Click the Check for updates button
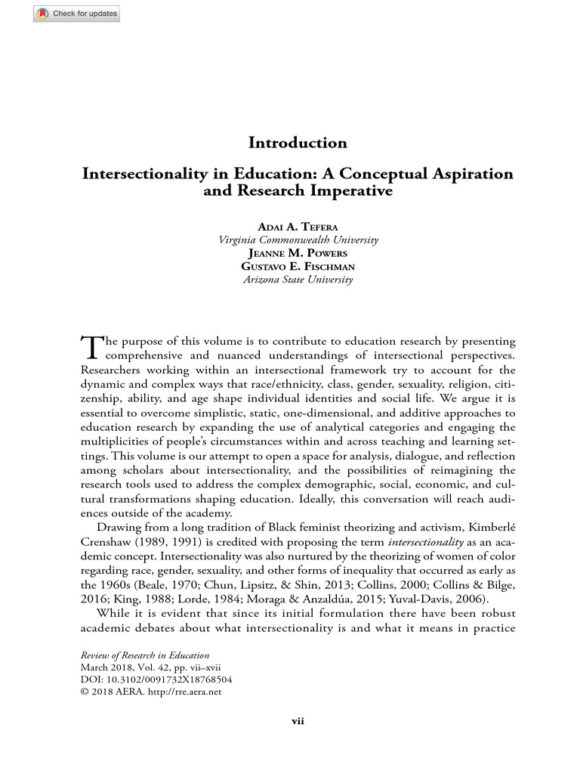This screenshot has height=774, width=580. coord(76,14)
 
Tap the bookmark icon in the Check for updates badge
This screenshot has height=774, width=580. coord(43,14)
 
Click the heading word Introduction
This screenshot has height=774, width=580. coord(298,143)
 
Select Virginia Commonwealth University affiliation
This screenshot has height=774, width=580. coord(298,240)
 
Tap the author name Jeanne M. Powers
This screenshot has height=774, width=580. coord(298,253)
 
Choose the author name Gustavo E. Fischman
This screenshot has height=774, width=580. coord(298,266)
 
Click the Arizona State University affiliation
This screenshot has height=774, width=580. coord(298,279)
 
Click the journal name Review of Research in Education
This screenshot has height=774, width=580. coord(145,655)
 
